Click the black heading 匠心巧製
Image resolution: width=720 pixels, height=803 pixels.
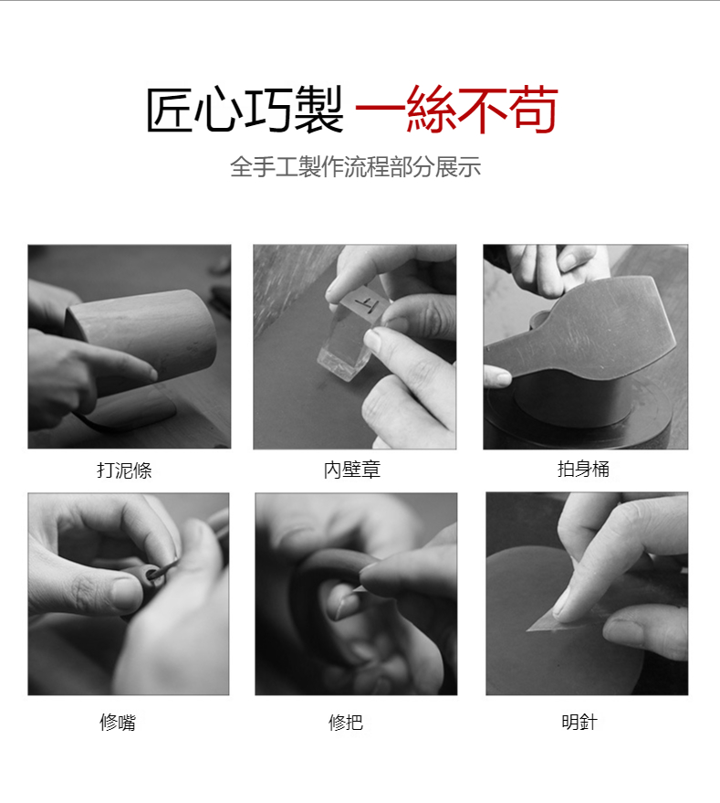[245, 110]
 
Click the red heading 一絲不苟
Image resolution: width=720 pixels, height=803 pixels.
[456, 110]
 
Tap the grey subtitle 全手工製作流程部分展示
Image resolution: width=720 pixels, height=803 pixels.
[355, 167]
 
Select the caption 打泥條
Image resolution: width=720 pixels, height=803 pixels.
[124, 470]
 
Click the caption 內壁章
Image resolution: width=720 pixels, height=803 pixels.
[352, 470]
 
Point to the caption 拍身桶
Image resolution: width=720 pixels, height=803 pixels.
[583, 469]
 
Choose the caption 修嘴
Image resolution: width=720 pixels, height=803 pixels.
[118, 722]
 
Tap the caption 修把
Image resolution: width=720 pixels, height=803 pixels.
[346, 722]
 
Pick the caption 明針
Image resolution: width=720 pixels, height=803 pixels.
[579, 722]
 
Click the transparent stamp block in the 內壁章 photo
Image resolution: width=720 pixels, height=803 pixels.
[348, 333]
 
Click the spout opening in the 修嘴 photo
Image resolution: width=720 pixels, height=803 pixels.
[154, 574]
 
